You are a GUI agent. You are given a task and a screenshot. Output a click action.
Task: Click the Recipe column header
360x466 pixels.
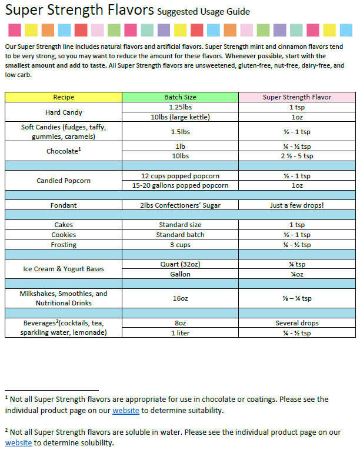point(64,97)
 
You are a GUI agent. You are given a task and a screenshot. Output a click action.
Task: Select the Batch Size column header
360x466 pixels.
point(180,97)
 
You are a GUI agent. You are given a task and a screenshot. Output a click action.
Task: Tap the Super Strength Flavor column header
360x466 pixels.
point(297,97)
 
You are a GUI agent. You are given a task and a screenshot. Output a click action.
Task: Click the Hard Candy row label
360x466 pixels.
point(64,112)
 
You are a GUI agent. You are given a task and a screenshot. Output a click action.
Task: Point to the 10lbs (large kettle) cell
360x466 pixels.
point(180,117)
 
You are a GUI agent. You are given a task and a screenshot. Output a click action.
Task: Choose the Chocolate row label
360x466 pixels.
point(64,151)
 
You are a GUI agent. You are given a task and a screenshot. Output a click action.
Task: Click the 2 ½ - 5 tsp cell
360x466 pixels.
point(297,156)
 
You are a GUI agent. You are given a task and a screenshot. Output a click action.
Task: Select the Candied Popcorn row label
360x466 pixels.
point(64,181)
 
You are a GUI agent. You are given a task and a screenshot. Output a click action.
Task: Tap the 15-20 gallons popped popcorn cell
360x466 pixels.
point(180,186)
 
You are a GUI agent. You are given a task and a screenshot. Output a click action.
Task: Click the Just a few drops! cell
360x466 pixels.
point(297,205)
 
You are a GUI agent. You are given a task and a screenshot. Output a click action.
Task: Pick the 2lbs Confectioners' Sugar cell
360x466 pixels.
point(180,205)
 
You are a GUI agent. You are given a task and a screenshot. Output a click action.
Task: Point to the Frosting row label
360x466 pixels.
point(64,244)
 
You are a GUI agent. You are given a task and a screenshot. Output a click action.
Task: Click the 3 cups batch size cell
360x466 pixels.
point(180,244)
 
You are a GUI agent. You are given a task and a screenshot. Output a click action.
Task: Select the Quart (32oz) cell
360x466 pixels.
point(180,264)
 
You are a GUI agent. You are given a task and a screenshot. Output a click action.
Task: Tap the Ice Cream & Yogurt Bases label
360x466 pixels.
point(64,269)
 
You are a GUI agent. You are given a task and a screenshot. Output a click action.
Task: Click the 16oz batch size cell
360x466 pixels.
point(180,298)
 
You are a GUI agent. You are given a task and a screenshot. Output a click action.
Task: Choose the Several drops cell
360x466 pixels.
point(297,323)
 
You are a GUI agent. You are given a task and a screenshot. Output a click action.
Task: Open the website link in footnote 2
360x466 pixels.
point(18,443)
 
